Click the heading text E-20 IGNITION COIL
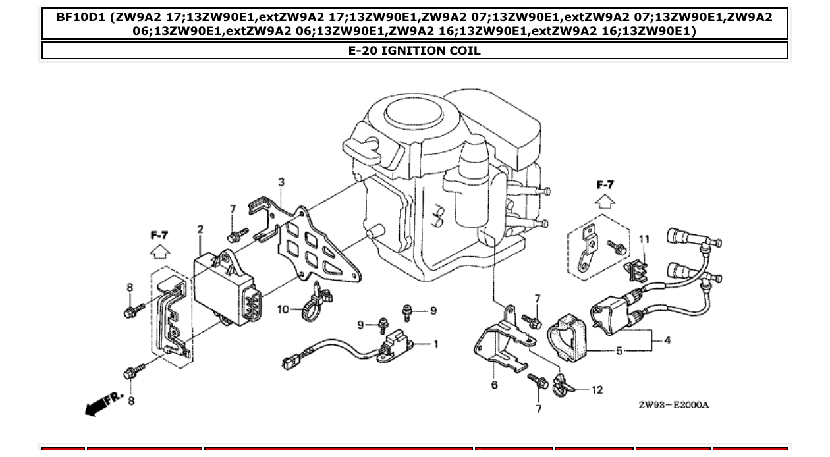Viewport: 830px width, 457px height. [414, 51]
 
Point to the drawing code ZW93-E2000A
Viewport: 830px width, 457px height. [673, 404]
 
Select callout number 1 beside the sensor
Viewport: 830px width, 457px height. [435, 344]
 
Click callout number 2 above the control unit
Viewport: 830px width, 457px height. [200, 230]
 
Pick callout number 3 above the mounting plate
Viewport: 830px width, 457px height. [281, 182]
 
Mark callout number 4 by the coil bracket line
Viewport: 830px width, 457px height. [667, 340]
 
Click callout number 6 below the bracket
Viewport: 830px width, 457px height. [494, 385]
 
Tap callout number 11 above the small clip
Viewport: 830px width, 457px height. [644, 238]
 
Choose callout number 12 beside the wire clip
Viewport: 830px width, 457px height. [597, 390]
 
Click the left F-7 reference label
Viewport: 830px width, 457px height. [159, 234]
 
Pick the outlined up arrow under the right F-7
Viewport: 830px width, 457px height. [605, 201]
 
